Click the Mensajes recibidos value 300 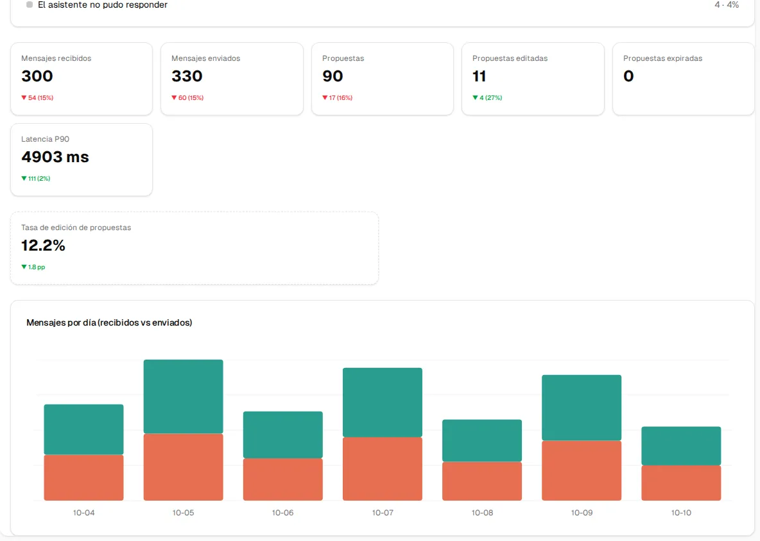click(37, 76)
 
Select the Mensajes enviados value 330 click(187, 76)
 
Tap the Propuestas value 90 click(332, 76)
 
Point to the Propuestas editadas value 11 click(479, 76)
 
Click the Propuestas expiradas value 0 click(628, 76)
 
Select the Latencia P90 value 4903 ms click(55, 157)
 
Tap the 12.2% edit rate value click(43, 246)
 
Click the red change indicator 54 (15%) click(37, 97)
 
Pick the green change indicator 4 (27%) click(487, 97)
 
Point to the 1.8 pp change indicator click(33, 267)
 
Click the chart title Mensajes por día click(109, 323)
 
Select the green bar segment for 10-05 click(183, 397)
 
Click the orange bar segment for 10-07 click(383, 469)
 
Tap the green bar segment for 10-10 click(681, 446)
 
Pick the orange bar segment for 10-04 click(84, 478)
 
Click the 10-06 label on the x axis click(282, 512)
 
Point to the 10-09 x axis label click(582, 512)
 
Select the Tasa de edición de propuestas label click(76, 228)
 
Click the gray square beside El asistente click(30, 4)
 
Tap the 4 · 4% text click(727, 5)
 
